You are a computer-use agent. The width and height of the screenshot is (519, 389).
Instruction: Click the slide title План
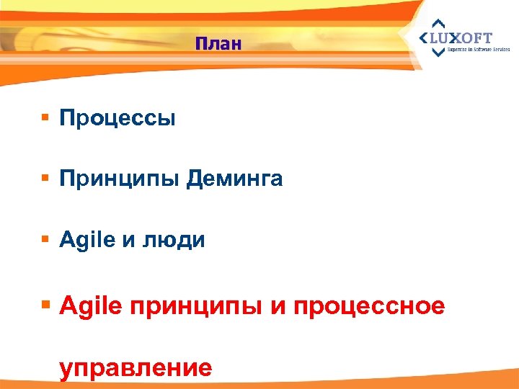pos(218,44)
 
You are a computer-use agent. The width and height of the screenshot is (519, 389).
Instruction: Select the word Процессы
pos(117,118)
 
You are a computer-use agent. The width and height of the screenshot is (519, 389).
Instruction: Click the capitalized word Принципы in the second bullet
pos(120,179)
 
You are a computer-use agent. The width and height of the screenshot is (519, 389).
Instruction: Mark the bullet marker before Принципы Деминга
pos(45,178)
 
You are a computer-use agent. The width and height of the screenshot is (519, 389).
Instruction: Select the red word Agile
pos(92,308)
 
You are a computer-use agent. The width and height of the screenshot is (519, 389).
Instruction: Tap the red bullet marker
pos(46,305)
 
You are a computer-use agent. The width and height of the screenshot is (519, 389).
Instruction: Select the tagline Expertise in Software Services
pos(478,50)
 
